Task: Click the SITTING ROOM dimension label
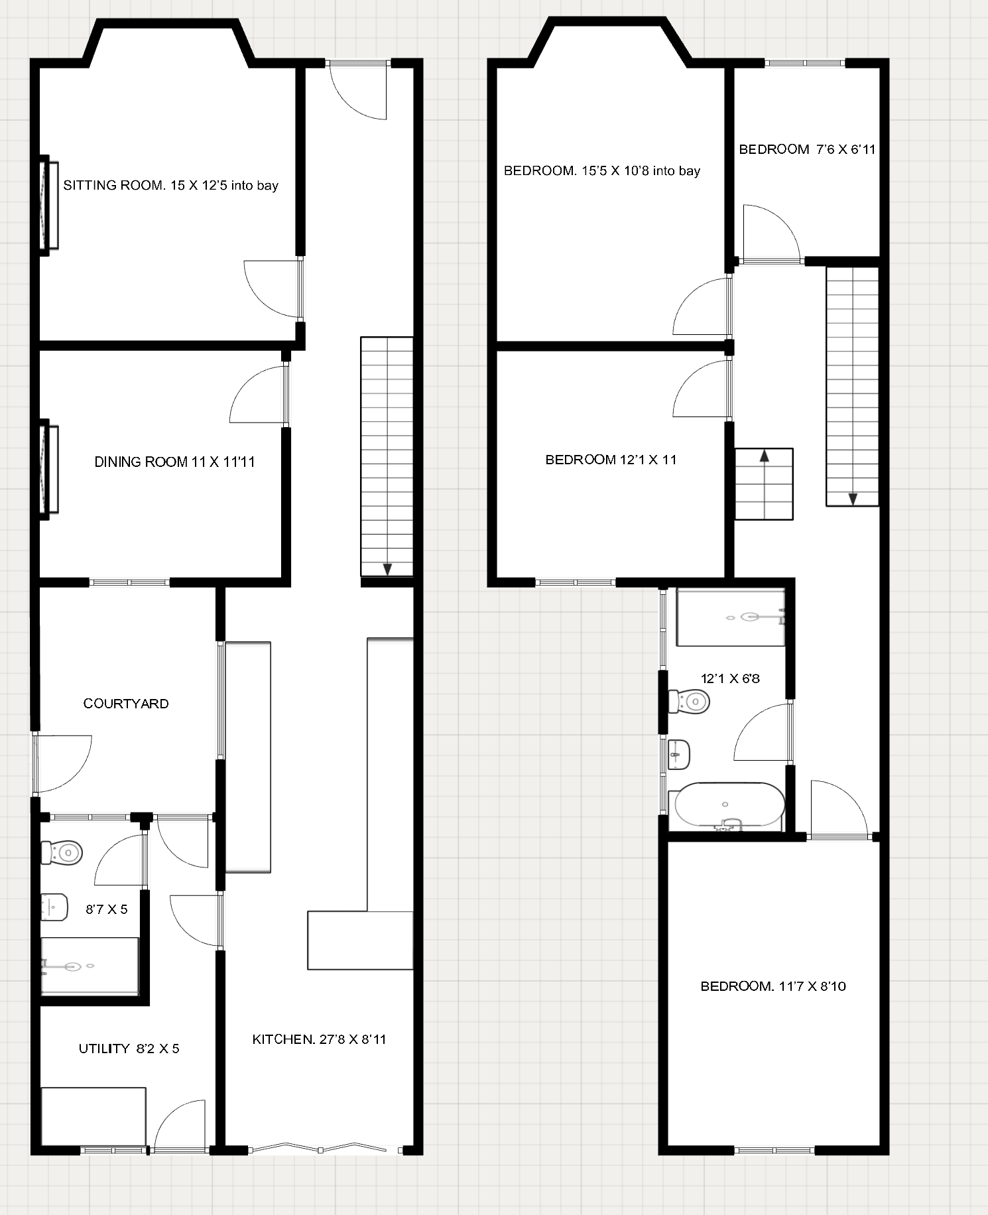tap(170, 186)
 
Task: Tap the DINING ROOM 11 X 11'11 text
tap(174, 462)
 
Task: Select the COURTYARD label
tap(126, 704)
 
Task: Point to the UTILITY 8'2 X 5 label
tap(129, 1049)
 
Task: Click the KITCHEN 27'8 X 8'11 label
tap(319, 1039)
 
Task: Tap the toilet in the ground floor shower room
tap(62, 852)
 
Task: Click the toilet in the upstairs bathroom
tap(689, 701)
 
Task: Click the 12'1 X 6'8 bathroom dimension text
tap(730, 678)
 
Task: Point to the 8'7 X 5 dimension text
tap(106, 909)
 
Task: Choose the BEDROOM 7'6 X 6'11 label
tap(807, 149)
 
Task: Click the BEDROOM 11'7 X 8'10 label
tap(773, 986)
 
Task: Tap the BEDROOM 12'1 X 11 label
tap(611, 460)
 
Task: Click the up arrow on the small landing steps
tap(764, 456)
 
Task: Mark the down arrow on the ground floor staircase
tap(387, 568)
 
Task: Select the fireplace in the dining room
tap(47, 470)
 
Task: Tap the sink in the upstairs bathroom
tap(679, 754)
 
